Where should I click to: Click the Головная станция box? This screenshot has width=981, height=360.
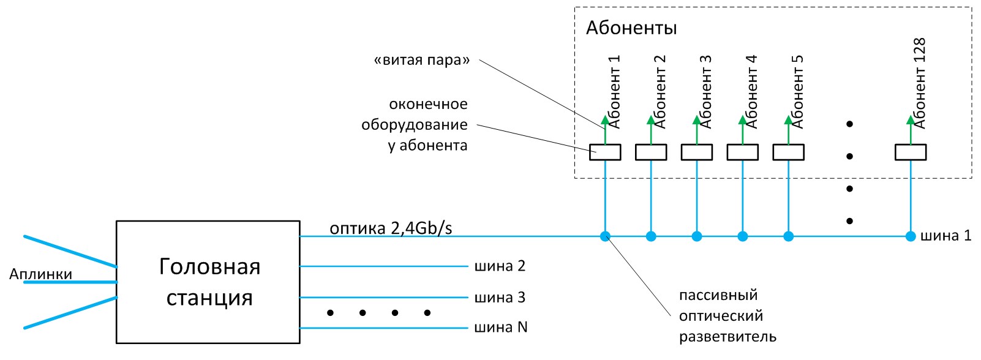(x=208, y=282)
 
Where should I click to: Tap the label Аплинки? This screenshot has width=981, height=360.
(x=41, y=274)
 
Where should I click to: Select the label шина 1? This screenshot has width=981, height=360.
(x=946, y=236)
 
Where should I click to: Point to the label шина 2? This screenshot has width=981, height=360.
(x=500, y=266)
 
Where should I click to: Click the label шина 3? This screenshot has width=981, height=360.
(x=500, y=298)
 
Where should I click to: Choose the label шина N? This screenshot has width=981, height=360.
(x=501, y=327)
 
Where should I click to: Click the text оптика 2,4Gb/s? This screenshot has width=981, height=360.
(x=391, y=228)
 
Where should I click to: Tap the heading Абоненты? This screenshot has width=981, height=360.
(x=631, y=28)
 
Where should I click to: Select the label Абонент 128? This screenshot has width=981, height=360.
(x=920, y=83)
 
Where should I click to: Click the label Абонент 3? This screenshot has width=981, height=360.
(x=705, y=92)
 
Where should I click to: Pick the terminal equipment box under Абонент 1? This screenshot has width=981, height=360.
(x=605, y=152)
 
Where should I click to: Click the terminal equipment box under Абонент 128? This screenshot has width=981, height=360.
(x=911, y=152)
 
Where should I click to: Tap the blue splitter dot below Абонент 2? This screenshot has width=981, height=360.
(x=651, y=236)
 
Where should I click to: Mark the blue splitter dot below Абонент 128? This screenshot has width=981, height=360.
(x=911, y=236)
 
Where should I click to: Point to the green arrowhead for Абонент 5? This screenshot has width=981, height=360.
(x=788, y=120)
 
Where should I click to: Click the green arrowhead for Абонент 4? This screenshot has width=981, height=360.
(x=742, y=120)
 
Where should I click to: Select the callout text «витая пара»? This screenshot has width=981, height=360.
(x=422, y=60)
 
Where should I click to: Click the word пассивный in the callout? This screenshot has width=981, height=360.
(x=718, y=295)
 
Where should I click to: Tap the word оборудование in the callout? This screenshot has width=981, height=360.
(x=415, y=126)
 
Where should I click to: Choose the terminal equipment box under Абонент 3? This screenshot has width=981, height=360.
(x=697, y=152)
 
